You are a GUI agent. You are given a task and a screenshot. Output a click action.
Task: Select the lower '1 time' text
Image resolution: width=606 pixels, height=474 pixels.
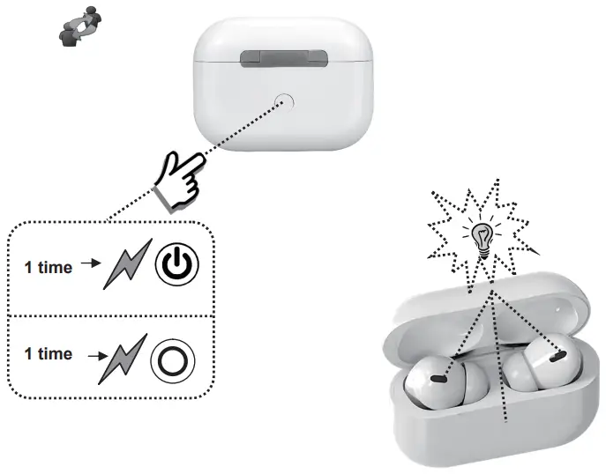tap(48, 353)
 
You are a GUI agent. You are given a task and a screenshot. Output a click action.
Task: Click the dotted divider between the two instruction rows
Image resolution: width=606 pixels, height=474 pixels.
tap(110, 315)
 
